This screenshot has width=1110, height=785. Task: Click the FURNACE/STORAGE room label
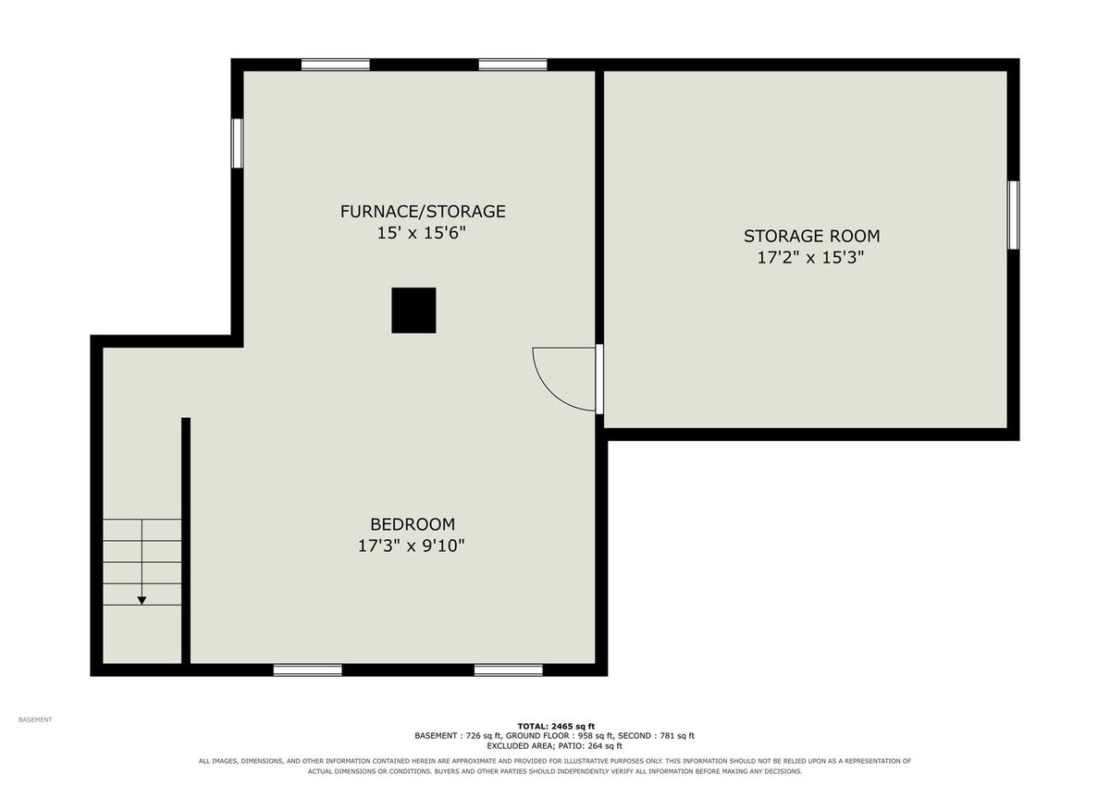(423, 212)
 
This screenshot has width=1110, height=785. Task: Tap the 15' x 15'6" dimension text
(422, 233)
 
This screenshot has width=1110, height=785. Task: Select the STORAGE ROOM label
(812, 237)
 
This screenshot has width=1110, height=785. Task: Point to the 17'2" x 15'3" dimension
(810, 258)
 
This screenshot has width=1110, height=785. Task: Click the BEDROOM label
(413, 524)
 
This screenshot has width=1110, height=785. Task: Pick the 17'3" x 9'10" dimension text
(412, 546)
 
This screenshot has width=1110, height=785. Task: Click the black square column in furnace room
(413, 310)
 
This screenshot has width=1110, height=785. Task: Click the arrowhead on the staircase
(142, 601)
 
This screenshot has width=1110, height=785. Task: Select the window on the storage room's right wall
(1014, 215)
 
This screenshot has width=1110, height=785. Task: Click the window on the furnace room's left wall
(238, 143)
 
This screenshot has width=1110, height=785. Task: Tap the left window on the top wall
(336, 65)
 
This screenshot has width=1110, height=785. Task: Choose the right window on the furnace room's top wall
(512, 65)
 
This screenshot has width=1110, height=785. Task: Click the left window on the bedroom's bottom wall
(308, 670)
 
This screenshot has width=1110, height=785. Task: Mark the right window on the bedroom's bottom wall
(509, 670)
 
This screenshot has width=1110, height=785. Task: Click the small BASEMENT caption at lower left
(35, 719)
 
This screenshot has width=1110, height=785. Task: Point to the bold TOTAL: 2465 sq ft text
(556, 727)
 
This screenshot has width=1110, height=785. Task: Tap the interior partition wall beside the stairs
(186, 540)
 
